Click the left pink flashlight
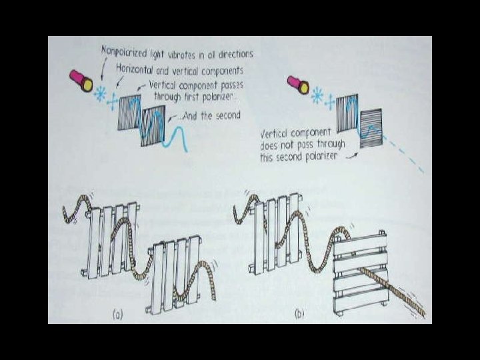pyautogui.click(x=81, y=80)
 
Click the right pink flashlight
pyautogui.click(x=298, y=84)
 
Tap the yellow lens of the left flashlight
pyautogui.click(x=87, y=85)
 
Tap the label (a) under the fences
pyautogui.click(x=117, y=315)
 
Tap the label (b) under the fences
pyautogui.click(x=299, y=314)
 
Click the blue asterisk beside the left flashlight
pyautogui.click(x=100, y=93)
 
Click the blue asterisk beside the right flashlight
pyautogui.click(x=317, y=95)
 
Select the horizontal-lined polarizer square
pyautogui.click(x=371, y=128)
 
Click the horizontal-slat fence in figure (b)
pyautogui.click(x=361, y=273)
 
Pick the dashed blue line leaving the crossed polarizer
pyautogui.click(x=403, y=154)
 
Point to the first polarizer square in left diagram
pyautogui.click(x=129, y=113)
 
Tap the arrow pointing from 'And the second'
pyautogui.click(x=173, y=117)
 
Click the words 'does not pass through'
pyautogui.click(x=303, y=145)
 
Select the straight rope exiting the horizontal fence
pyautogui.click(x=392, y=292)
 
